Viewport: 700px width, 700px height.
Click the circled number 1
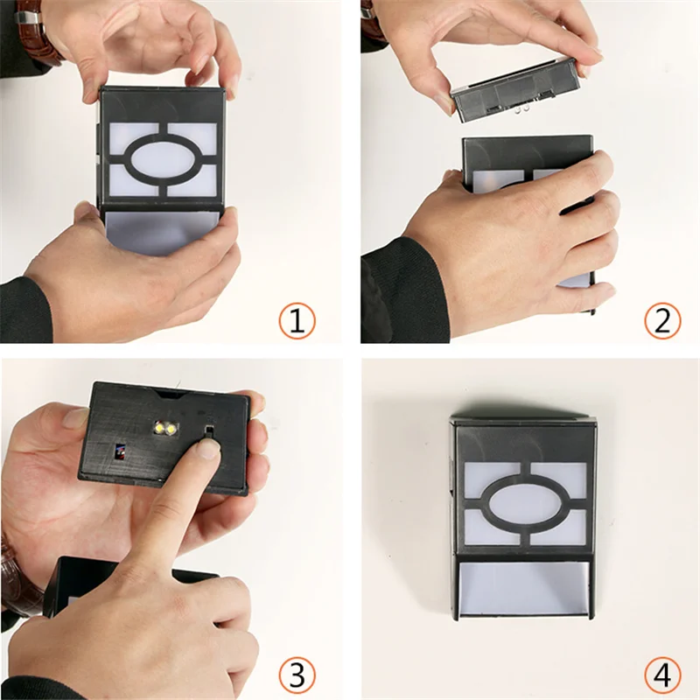(x=297, y=320)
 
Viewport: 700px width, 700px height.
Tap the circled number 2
(x=662, y=320)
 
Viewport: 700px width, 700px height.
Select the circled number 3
(x=297, y=675)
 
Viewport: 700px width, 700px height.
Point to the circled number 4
(x=662, y=675)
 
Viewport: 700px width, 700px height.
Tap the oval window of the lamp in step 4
(x=525, y=503)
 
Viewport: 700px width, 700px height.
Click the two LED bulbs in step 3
(x=165, y=428)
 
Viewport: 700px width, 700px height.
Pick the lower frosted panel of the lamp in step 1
(x=162, y=232)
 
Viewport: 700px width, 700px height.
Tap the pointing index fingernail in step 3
(x=208, y=448)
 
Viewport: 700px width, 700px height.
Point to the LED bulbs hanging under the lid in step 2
(x=522, y=108)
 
